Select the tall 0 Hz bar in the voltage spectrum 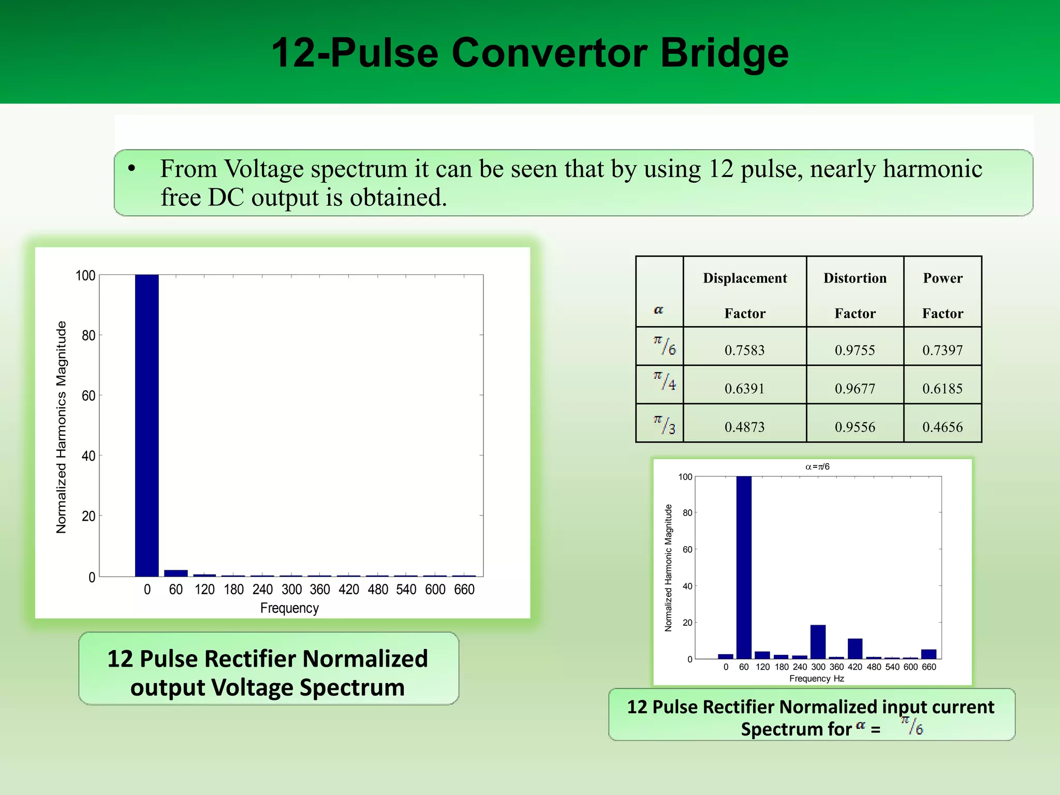pyautogui.click(x=146, y=424)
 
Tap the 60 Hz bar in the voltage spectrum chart pyautogui.click(x=175, y=573)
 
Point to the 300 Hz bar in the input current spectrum pyautogui.click(x=818, y=642)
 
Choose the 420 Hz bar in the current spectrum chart pyautogui.click(x=855, y=649)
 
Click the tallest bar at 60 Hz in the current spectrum pyautogui.click(x=744, y=567)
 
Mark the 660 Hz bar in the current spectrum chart pyautogui.click(x=929, y=654)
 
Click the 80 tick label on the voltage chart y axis pyautogui.click(x=89, y=335)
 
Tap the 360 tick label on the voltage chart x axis pyautogui.click(x=320, y=590)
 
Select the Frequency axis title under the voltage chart pyautogui.click(x=289, y=608)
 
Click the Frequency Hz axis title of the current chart pyautogui.click(x=817, y=679)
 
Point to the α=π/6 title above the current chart pyautogui.click(x=817, y=467)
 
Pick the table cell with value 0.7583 pyautogui.click(x=744, y=350)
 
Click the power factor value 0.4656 pyautogui.click(x=943, y=427)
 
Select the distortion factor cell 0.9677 pyautogui.click(x=855, y=389)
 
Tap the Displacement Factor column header pyautogui.click(x=745, y=295)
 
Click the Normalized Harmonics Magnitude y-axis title pyautogui.click(x=62, y=427)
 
